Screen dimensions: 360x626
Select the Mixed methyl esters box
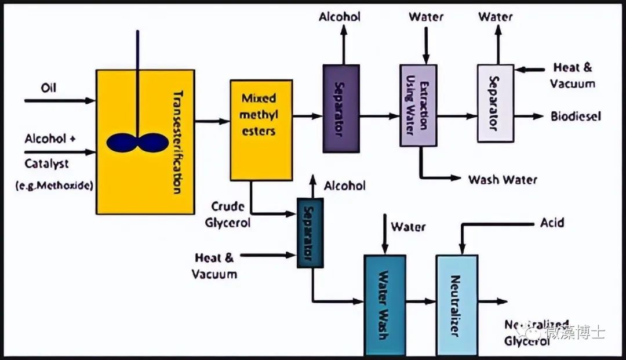coord(261,130)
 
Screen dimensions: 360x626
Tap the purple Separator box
coord(341,108)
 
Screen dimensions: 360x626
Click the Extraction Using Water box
coord(418,106)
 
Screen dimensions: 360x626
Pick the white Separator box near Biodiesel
coord(495,103)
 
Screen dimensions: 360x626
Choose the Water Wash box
coord(384,304)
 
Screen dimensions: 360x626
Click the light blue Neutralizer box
coord(457,304)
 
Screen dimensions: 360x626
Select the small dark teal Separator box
coord(310,232)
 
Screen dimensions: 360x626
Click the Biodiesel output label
coord(576,117)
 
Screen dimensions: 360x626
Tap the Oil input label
coord(49,88)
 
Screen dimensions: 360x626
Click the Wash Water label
coord(503,180)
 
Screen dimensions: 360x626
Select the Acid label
coord(552,223)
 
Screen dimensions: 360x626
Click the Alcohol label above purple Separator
coord(340,17)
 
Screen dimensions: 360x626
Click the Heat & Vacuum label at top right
coord(572,75)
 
